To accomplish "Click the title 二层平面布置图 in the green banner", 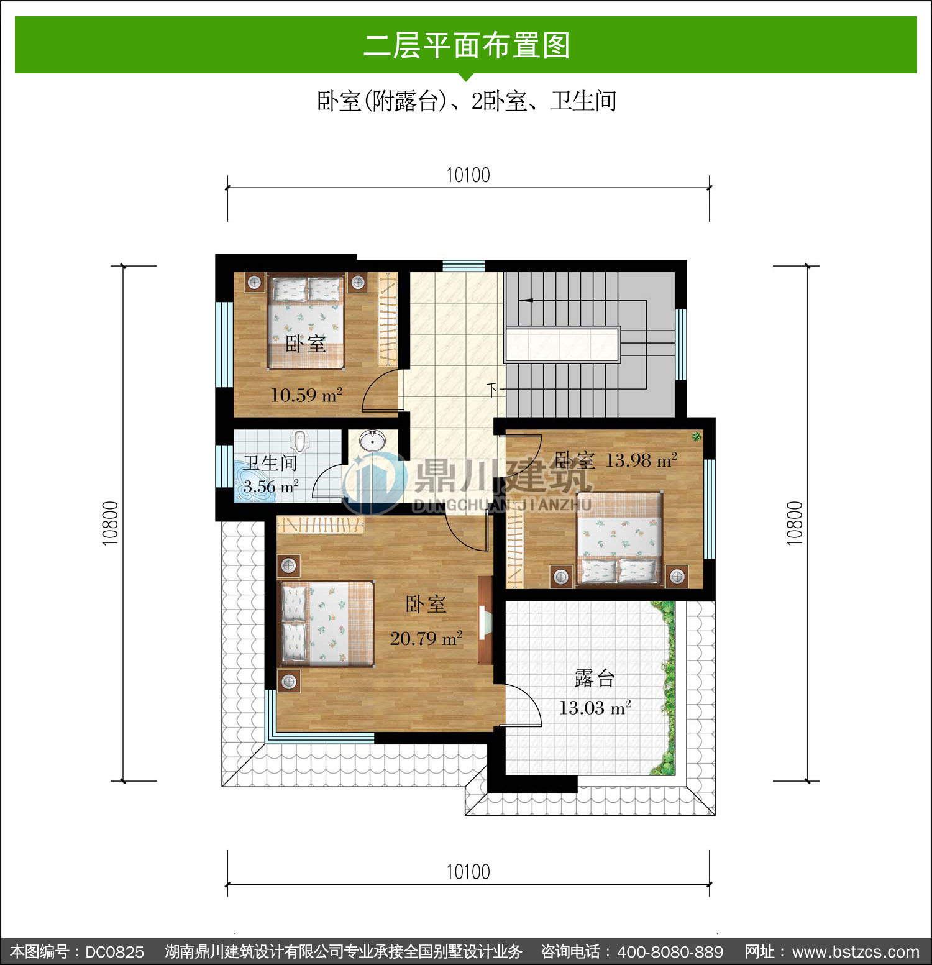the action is pos(467,45).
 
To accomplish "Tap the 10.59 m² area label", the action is pos(306,395).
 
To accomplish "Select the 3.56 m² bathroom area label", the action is pos(271,487).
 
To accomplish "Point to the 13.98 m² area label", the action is pos(641,460).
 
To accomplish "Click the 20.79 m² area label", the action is pos(426,638).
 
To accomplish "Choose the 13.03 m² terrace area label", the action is pos(595,708).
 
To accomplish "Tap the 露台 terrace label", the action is pos(595,678).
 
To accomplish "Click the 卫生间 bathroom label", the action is pos(270,463).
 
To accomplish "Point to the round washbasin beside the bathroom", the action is pos(373,441).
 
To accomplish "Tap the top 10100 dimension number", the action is pos(468,175).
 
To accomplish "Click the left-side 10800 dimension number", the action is pos(110,523).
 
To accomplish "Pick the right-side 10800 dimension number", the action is pos(795,523).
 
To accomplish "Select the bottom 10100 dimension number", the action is pos(468,872).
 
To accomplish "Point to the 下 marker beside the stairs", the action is pos(493,390).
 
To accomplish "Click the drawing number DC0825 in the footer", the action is pos(114,952).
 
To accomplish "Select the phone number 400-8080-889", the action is pos(670,952).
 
